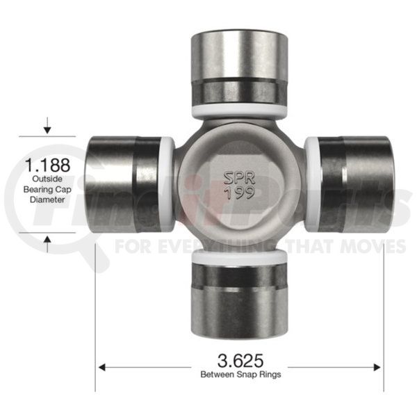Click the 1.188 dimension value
coord(47,165)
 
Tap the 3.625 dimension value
coord(240,361)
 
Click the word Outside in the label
coord(47,179)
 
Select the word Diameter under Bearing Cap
coord(47,199)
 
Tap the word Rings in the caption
coord(269,375)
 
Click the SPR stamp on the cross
coord(239,178)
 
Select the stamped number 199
coord(240,193)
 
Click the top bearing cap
coord(239,67)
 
